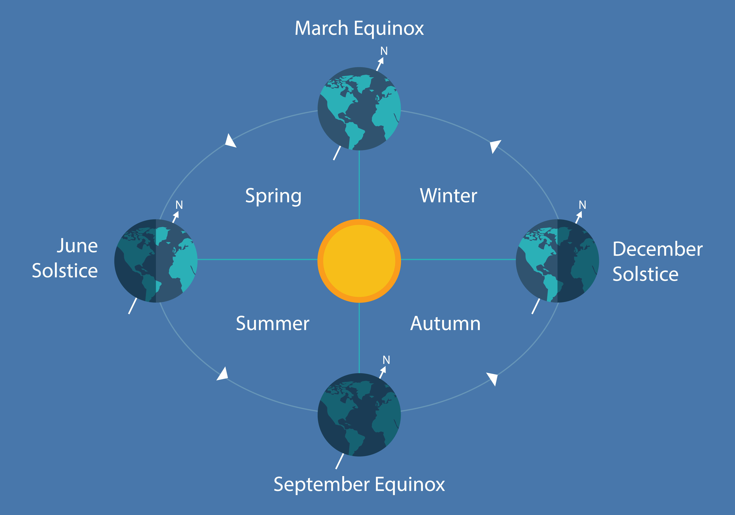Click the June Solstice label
coord(65,258)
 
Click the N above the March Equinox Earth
coord(384,51)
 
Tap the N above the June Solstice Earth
coord(179,205)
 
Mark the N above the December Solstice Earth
coord(582,205)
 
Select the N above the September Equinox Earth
coord(386,360)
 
